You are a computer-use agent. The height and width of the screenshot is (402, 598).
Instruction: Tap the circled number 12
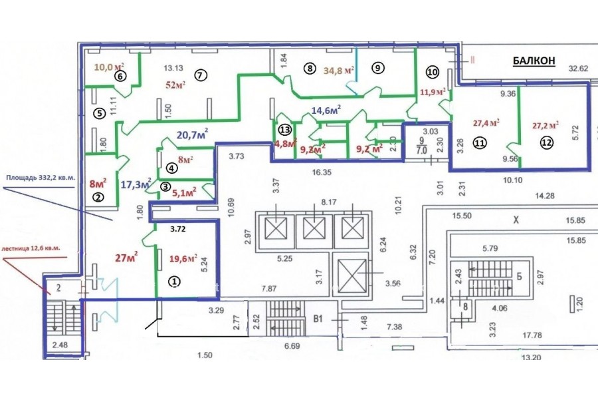(546, 142)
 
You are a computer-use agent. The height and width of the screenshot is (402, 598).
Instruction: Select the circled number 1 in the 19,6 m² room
(173, 282)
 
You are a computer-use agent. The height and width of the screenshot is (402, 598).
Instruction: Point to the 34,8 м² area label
(338, 69)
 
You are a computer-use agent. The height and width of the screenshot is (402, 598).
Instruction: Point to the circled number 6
(120, 76)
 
